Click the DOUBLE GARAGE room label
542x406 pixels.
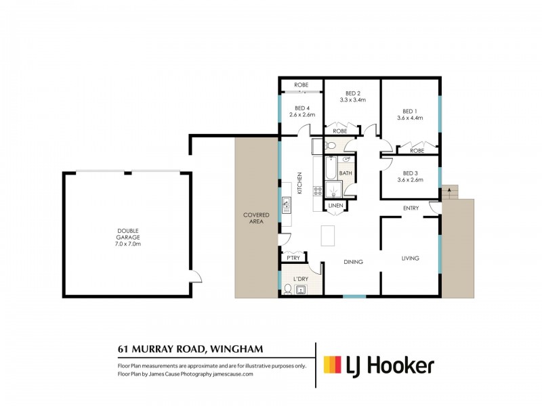coord(128,233)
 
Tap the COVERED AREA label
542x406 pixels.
coord(256,218)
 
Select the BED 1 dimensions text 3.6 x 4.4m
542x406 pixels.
coord(410,118)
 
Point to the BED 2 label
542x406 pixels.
coord(352,93)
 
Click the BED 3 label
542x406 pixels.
coord(410,173)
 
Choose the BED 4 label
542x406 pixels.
coord(302,108)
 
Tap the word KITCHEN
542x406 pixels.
coord(299,183)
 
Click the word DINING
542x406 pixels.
coord(353,262)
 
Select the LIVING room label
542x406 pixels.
coord(411,258)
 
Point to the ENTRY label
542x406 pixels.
coord(411,208)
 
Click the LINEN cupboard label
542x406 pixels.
coord(335,206)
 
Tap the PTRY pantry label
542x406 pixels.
coord(293,258)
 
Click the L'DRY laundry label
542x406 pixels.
coord(301,279)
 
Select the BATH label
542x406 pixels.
coord(346,173)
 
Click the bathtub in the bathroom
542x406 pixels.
coord(331,168)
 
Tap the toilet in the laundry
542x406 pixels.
coord(287,290)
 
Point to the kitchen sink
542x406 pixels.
coord(287,205)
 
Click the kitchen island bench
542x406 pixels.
coord(328,235)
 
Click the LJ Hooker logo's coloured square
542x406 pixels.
coord(332,365)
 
